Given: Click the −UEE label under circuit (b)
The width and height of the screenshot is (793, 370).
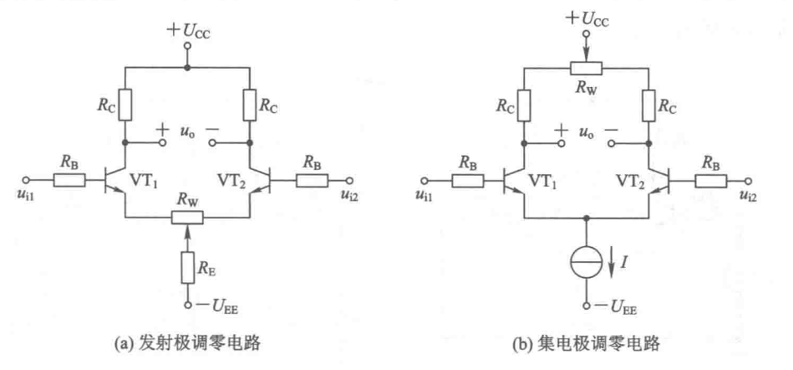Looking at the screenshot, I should coord(616,308).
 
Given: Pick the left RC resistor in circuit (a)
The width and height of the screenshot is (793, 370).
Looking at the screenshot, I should coord(125,104).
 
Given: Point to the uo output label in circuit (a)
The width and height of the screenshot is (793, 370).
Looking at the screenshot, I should coord(186,133).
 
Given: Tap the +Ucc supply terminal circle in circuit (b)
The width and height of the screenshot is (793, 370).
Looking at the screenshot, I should coord(586,34).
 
